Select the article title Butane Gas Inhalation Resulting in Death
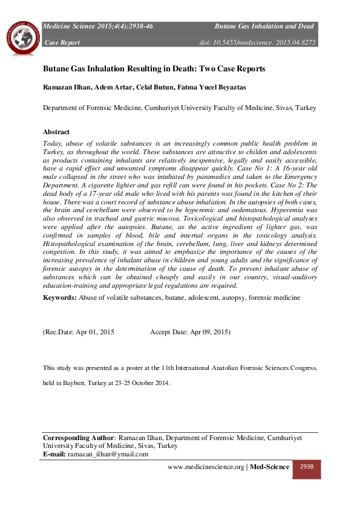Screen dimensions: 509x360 click(x=154, y=69)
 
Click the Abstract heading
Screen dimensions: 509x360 click(x=56, y=132)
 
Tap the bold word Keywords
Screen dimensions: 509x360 click(x=59, y=299)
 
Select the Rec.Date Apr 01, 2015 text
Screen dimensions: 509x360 click(x=79, y=332)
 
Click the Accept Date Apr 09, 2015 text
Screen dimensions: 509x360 click(x=190, y=332)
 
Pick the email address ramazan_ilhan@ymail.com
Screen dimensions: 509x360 click(x=108, y=454)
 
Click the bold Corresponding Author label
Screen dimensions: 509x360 click(x=78, y=437)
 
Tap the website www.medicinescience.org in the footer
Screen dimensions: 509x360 click(x=206, y=467)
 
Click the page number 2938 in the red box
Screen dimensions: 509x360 click(x=306, y=467)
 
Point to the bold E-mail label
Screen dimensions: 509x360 click(x=54, y=454)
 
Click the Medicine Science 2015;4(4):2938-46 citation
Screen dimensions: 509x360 click(x=97, y=27)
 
